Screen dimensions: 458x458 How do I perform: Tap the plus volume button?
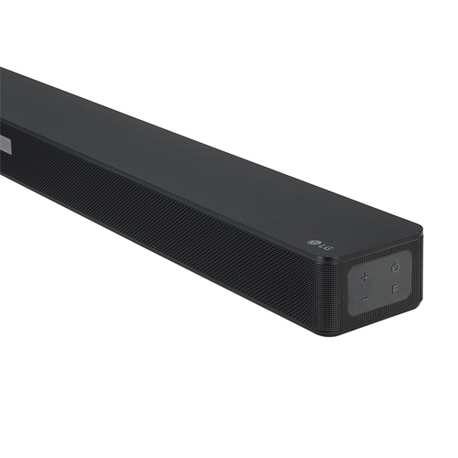[x=365, y=277]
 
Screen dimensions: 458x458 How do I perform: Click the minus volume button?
[x=365, y=299]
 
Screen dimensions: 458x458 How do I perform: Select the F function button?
[x=395, y=289]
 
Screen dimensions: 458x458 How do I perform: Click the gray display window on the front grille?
[x=5, y=143]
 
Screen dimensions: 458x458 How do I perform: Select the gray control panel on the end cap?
[x=380, y=283]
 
